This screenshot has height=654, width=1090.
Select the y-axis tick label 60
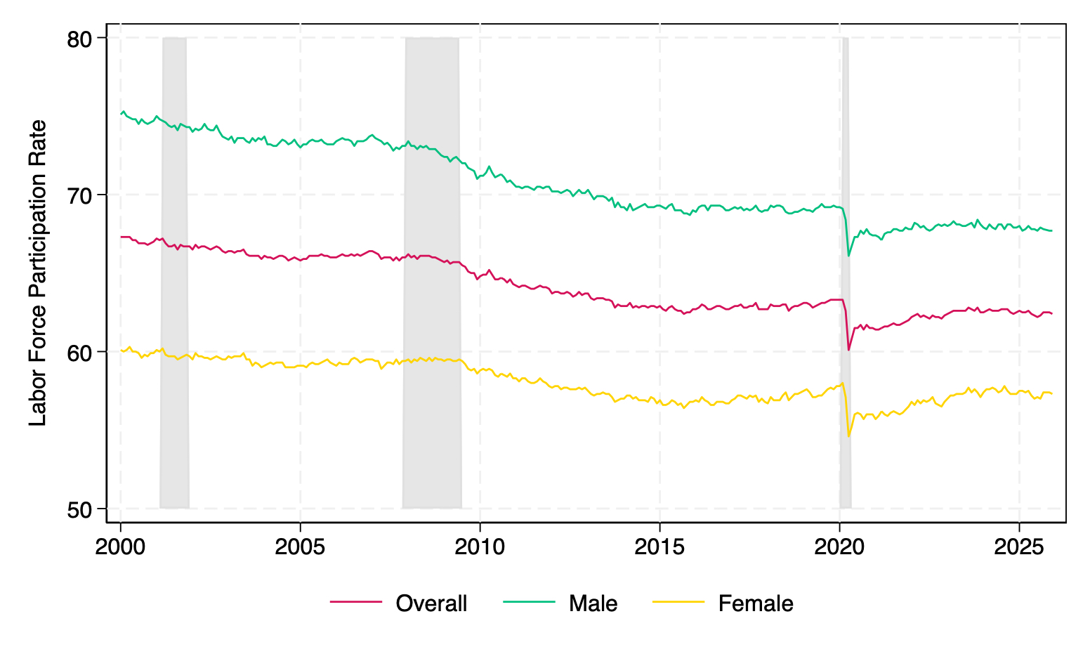coord(81,352)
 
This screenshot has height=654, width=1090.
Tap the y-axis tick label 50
coord(81,509)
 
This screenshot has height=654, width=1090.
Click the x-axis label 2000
coord(120,547)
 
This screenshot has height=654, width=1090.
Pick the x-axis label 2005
coord(300,547)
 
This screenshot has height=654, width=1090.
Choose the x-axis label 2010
coord(480,547)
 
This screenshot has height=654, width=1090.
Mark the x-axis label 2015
coord(659,547)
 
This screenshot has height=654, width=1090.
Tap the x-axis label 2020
coord(839,547)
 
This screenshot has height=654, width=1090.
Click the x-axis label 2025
coord(1019,547)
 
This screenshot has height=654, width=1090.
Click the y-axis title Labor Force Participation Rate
coord(38,273)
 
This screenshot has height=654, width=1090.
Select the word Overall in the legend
coord(431,603)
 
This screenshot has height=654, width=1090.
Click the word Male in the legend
coord(593,603)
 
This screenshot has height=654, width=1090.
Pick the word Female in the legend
coord(756,603)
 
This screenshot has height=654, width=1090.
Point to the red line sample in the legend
coord(356,603)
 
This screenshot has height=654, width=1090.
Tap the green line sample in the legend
coord(529,603)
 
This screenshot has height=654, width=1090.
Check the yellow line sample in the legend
coord(678,603)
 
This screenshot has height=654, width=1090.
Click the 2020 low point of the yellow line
coord(848,436)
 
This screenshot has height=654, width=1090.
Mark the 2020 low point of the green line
coord(848,256)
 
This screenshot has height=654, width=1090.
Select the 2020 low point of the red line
coord(848,350)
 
